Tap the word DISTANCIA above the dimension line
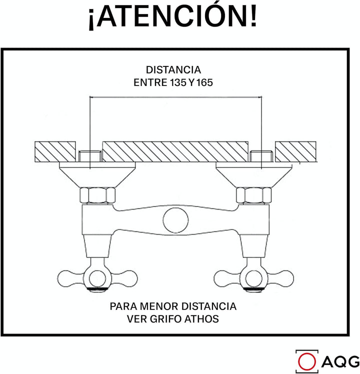click(173, 70)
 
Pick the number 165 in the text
click(204, 82)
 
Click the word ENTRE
click(150, 82)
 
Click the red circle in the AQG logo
click(307, 362)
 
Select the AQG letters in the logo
click(340, 362)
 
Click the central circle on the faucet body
click(176, 220)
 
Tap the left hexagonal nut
click(97, 195)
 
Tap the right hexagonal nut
click(254, 195)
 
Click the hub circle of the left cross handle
click(97, 278)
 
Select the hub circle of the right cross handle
click(254, 278)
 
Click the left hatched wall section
click(55, 151)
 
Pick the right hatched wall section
click(296, 151)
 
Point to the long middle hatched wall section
click(175, 151)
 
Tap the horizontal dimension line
click(175, 97)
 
